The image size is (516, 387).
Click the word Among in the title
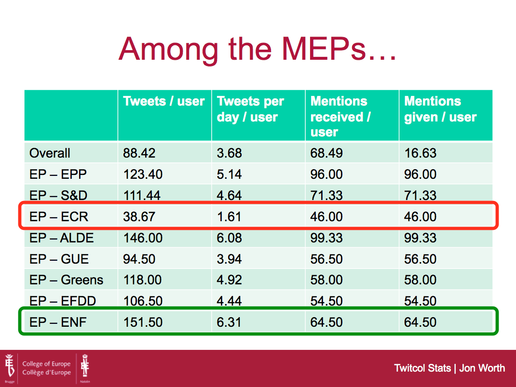click(x=168, y=49)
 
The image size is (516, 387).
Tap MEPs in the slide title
click(x=324, y=49)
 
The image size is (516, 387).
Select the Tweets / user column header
click(x=164, y=101)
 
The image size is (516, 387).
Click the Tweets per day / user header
click(x=250, y=109)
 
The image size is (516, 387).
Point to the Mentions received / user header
click(x=340, y=117)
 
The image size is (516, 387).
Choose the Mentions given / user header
click(x=440, y=109)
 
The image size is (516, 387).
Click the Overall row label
click(x=50, y=153)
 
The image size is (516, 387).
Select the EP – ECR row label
click(x=58, y=217)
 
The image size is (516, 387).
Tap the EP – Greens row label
click(x=66, y=280)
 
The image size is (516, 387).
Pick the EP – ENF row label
click(x=58, y=322)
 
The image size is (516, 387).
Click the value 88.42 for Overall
click(x=139, y=153)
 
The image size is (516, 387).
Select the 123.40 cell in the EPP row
click(x=143, y=174)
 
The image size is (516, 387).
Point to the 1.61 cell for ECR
click(x=229, y=217)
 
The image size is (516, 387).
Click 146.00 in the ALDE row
click(x=143, y=238)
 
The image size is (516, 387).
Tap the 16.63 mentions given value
click(x=420, y=153)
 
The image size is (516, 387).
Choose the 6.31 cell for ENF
click(x=229, y=322)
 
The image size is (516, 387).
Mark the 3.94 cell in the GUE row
click(x=229, y=259)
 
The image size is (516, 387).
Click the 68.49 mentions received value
click(x=326, y=153)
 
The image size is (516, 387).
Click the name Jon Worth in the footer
click(x=482, y=368)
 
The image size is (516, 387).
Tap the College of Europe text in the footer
click(x=46, y=364)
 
